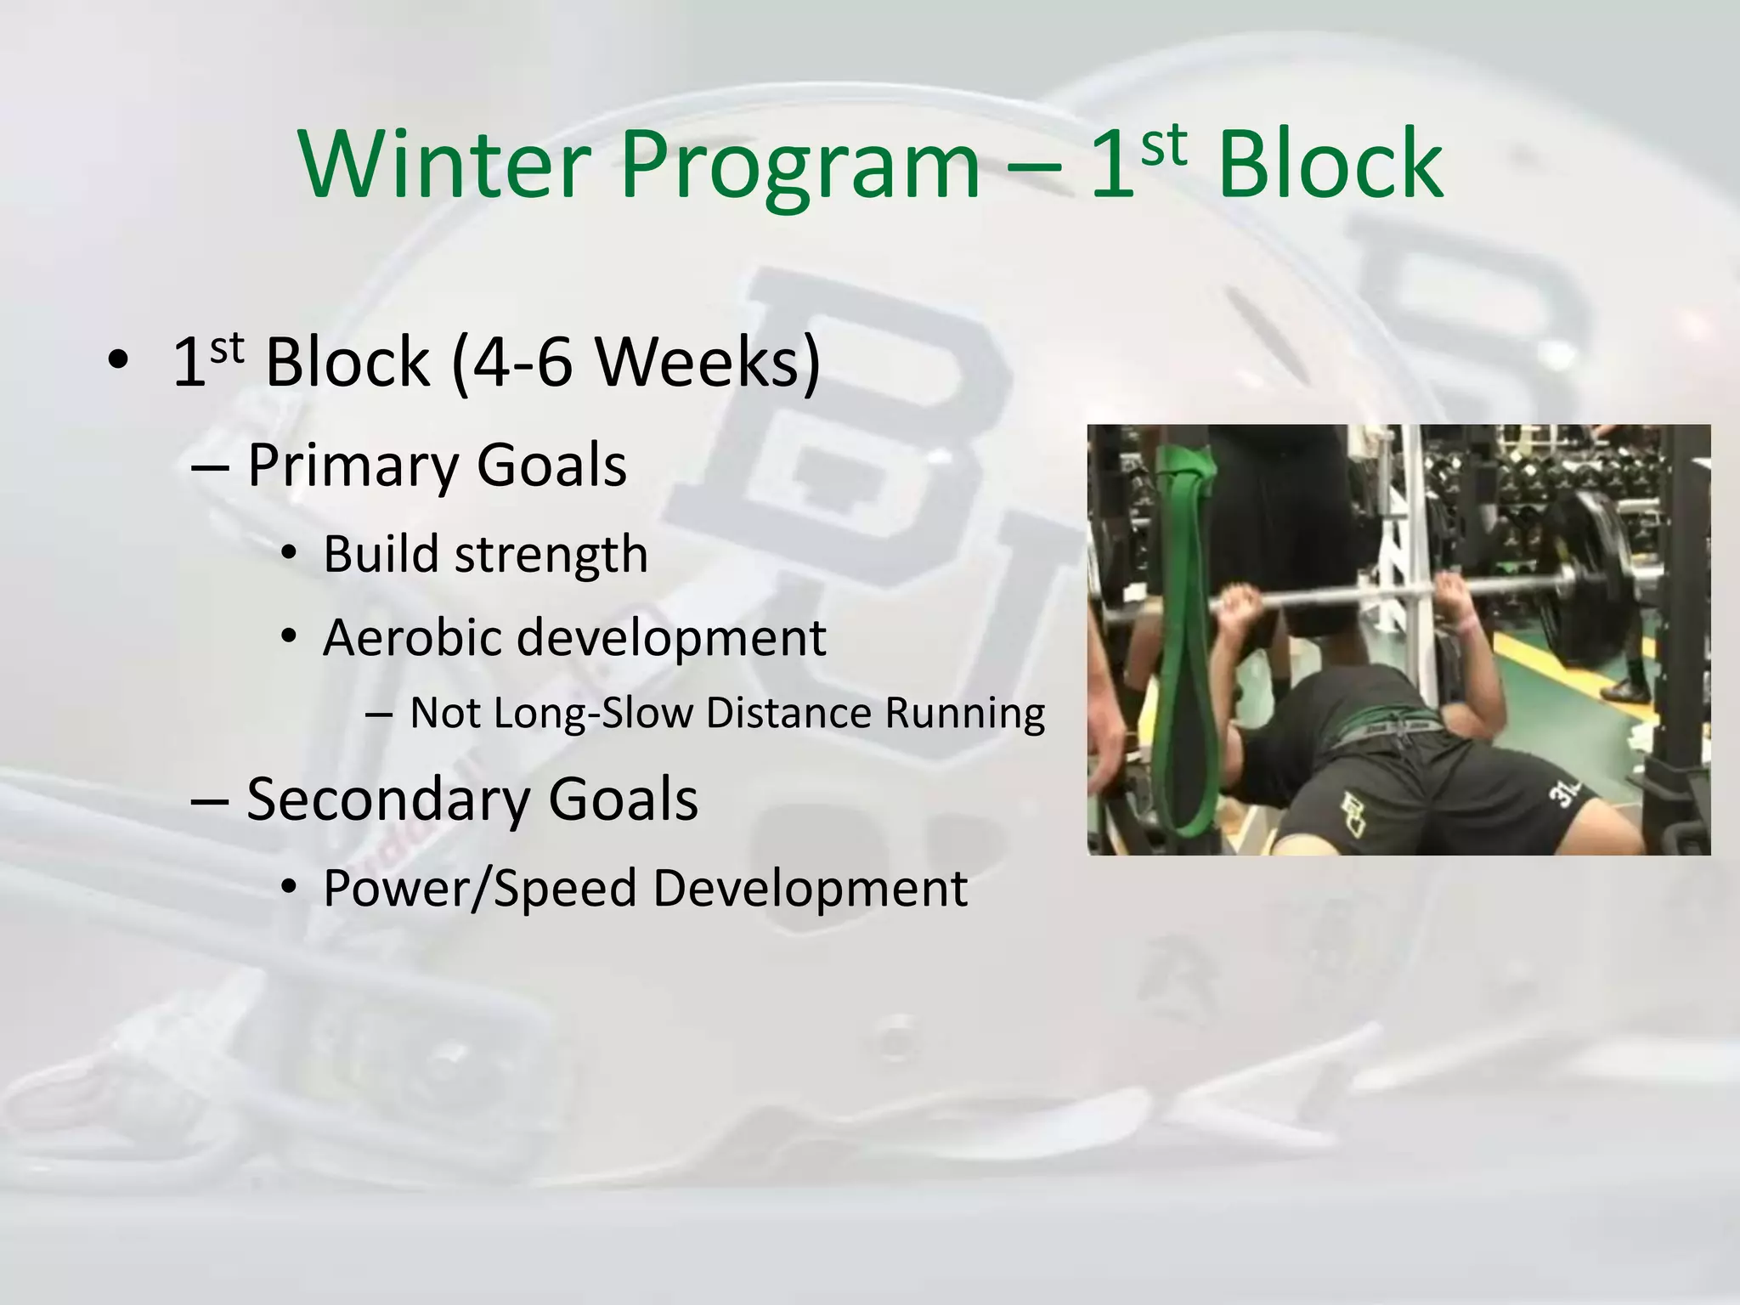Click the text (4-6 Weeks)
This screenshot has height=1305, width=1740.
point(636,362)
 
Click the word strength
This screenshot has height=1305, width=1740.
point(551,555)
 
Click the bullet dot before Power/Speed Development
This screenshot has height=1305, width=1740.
point(289,889)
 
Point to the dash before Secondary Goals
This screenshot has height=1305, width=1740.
point(210,801)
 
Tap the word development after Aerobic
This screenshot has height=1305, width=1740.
point(670,637)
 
